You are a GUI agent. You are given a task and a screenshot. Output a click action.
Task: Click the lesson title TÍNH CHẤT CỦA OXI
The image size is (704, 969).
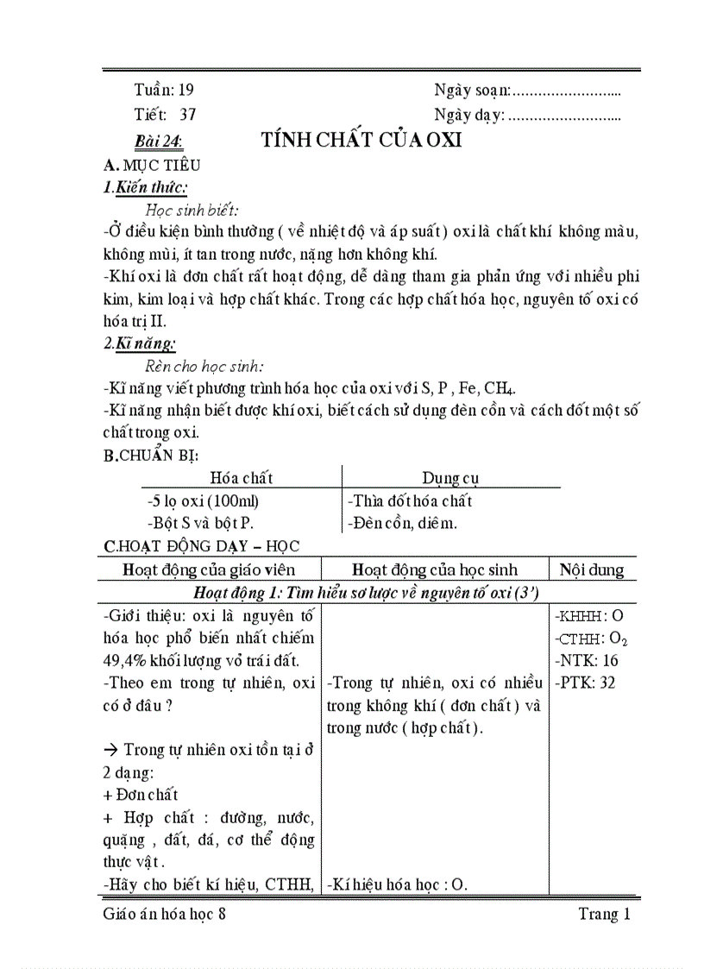pyautogui.click(x=361, y=141)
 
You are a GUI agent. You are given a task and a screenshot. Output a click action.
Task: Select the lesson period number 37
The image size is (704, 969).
pyautogui.click(x=188, y=114)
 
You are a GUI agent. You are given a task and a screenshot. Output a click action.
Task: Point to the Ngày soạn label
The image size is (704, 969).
pyautogui.click(x=472, y=89)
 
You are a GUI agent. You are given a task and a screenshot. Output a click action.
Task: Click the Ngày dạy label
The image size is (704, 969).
pyautogui.click(x=469, y=114)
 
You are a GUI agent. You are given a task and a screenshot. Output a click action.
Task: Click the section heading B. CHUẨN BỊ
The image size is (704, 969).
pyautogui.click(x=151, y=456)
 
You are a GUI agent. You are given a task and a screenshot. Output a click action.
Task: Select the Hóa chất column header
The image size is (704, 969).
pyautogui.click(x=241, y=477)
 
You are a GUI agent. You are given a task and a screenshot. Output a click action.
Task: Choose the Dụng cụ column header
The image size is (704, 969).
pyautogui.click(x=450, y=477)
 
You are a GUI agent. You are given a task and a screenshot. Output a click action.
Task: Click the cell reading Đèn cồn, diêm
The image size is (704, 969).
pyautogui.click(x=402, y=523)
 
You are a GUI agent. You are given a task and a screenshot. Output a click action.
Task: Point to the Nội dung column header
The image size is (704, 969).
pyautogui.click(x=592, y=569)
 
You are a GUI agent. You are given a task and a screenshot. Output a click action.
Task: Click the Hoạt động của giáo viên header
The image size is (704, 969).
pyautogui.click(x=209, y=569)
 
